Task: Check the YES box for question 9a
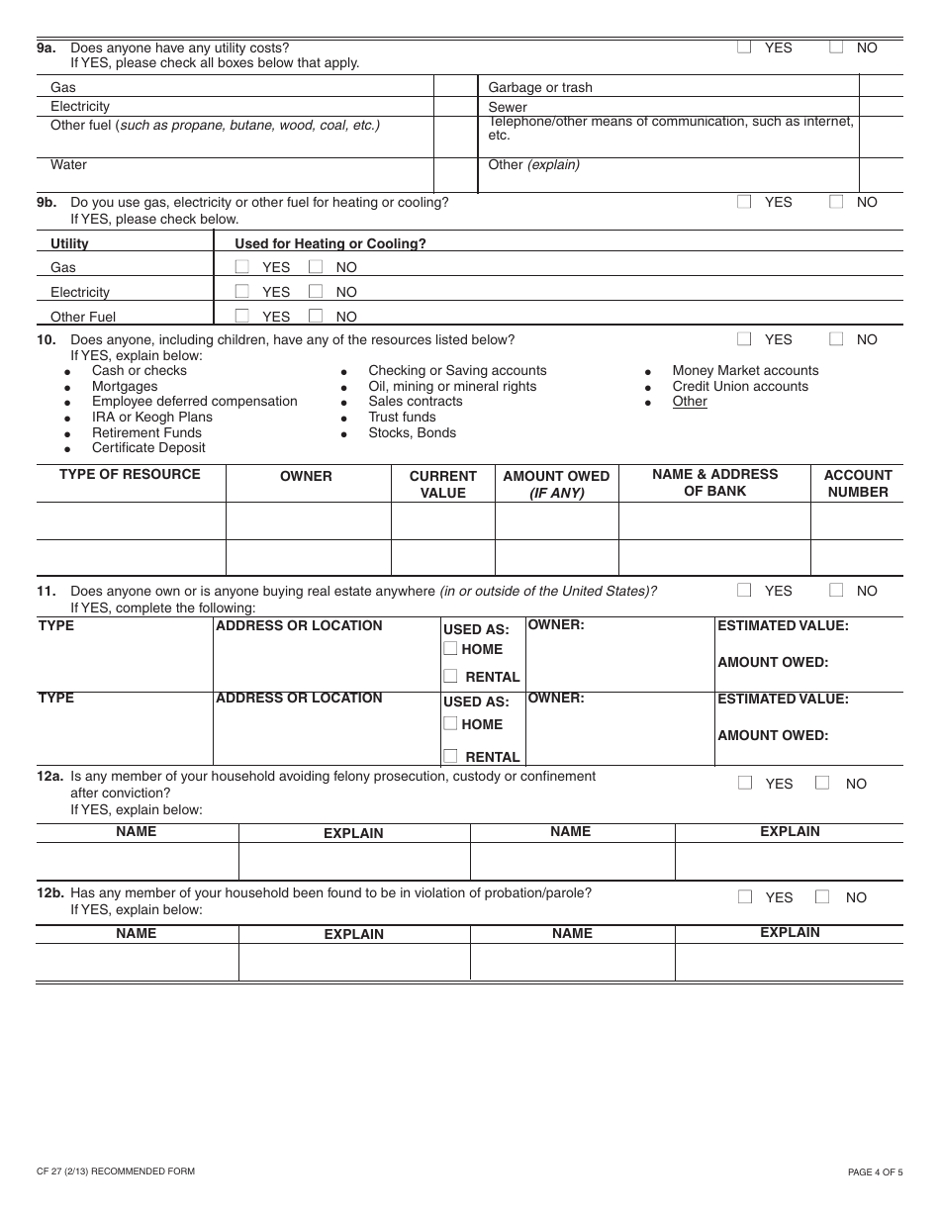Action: click(x=744, y=47)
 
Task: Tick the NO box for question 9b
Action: click(x=836, y=201)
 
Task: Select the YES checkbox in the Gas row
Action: click(x=241, y=266)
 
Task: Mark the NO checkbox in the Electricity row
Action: click(x=316, y=291)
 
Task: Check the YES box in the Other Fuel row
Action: click(x=241, y=316)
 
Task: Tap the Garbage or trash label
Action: click(x=540, y=87)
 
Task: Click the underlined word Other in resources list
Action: click(x=690, y=401)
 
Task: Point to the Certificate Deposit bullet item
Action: click(x=148, y=447)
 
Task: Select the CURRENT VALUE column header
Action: click(x=442, y=484)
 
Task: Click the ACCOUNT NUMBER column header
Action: click(x=858, y=483)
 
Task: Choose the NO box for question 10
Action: click(x=836, y=338)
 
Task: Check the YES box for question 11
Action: click(x=744, y=590)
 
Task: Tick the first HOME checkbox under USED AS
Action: click(x=450, y=648)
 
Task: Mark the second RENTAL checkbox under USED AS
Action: click(x=450, y=756)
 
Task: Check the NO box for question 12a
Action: click(x=822, y=783)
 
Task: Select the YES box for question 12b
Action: click(x=745, y=896)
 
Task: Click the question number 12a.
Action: click(x=50, y=777)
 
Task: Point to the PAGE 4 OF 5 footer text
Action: click(x=875, y=1172)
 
